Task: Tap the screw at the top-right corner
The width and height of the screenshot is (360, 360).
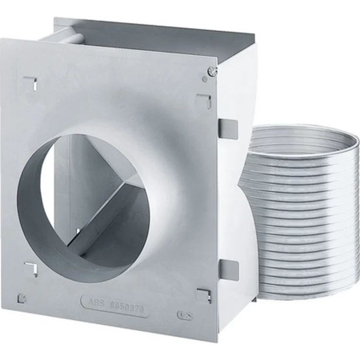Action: tap(211, 71)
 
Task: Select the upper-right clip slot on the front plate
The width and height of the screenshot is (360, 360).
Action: tap(204, 100)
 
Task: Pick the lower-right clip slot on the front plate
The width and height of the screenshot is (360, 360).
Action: tap(203, 295)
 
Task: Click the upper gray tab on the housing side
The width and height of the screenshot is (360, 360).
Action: tap(228, 128)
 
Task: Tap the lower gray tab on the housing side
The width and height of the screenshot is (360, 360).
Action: tap(228, 270)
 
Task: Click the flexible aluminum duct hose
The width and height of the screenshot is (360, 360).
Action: tap(301, 210)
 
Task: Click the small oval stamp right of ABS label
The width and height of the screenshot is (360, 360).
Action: tap(184, 315)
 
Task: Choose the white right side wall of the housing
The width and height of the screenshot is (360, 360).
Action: tap(240, 98)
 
